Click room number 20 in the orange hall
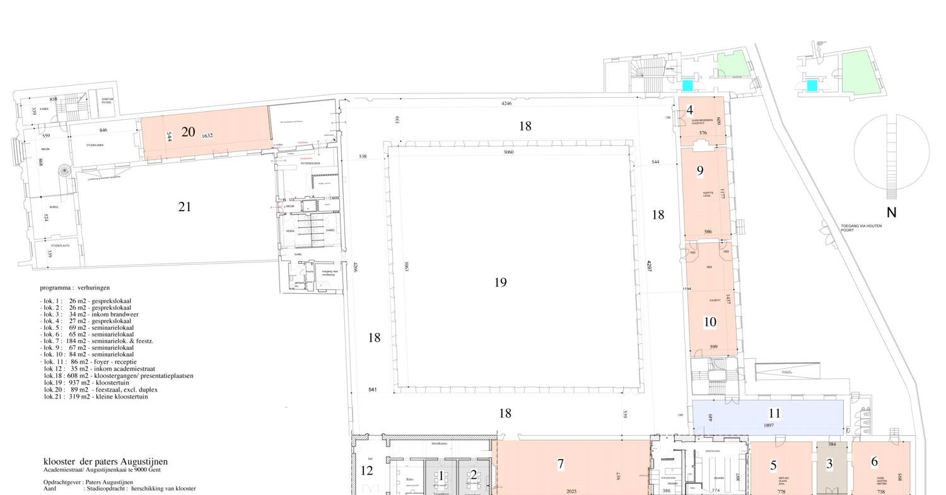pos(188,132)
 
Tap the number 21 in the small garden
pos(184,207)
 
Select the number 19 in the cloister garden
pos(500,282)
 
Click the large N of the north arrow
pos(891,213)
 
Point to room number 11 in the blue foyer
pos(774,414)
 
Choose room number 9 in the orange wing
pos(700,170)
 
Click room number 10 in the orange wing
pos(709,322)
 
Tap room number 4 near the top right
pos(690,110)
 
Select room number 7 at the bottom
pos(561,464)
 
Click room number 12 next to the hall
pos(366,470)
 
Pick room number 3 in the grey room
pos(829,465)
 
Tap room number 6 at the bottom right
pos(874,462)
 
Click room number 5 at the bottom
pos(773,466)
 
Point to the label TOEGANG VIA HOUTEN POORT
pos(861,228)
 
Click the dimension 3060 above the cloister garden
pos(508,152)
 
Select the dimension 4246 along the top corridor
pos(506,103)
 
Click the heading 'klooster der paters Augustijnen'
pos(105,462)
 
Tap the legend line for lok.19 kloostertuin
pos(86,383)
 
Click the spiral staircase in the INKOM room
pos(64,171)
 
